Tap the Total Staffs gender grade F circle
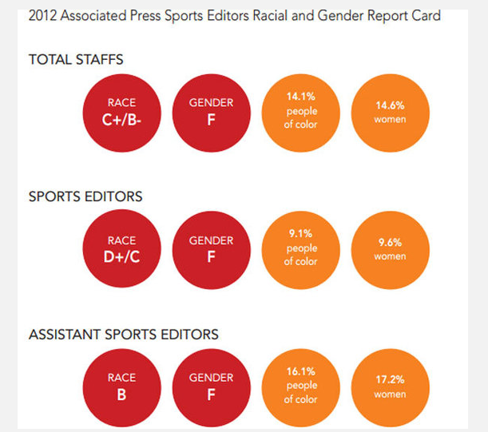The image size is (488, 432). pyautogui.click(x=211, y=112)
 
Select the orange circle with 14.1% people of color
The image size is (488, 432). pyautogui.click(x=301, y=111)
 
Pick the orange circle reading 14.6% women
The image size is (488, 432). pyautogui.click(x=390, y=112)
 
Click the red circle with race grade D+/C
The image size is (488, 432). pyautogui.click(x=122, y=249)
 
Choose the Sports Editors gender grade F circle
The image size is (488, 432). pyautogui.click(x=211, y=249)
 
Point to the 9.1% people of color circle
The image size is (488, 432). pyautogui.click(x=301, y=248)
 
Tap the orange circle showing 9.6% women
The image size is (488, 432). pyautogui.click(x=390, y=249)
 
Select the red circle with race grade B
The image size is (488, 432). pyautogui.click(x=122, y=386)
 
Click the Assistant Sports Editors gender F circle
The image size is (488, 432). pyautogui.click(x=211, y=386)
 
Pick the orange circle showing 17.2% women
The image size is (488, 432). pyautogui.click(x=390, y=386)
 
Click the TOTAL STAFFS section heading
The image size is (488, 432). pyautogui.click(x=76, y=59)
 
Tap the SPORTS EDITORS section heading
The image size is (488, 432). pyautogui.click(x=85, y=196)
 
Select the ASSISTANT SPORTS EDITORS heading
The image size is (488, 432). pyautogui.click(x=123, y=334)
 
